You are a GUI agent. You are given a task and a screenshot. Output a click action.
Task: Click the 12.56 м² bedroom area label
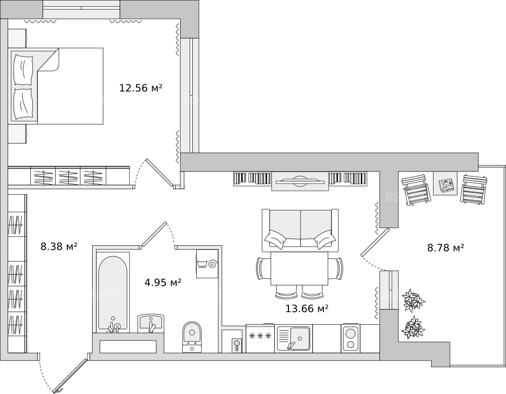(x=140, y=88)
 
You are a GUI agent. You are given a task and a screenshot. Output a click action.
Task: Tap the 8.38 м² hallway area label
(x=59, y=247)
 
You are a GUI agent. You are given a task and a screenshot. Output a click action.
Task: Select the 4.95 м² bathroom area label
(x=162, y=283)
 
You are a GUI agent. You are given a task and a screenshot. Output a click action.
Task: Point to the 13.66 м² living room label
(x=307, y=309)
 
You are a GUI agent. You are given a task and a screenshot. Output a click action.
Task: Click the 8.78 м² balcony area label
(x=446, y=248)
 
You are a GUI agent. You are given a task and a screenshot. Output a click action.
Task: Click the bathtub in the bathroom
(x=113, y=292)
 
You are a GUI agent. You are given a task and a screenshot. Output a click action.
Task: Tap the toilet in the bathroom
(x=192, y=336)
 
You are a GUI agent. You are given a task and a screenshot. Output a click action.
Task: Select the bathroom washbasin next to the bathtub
(x=151, y=323)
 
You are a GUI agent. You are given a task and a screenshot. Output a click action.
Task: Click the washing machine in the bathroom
(x=207, y=264)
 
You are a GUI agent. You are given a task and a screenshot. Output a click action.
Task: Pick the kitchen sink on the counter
(x=293, y=338)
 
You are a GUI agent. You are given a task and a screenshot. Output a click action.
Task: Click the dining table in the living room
(x=300, y=269)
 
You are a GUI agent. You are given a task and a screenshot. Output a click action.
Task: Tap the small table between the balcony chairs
(x=445, y=183)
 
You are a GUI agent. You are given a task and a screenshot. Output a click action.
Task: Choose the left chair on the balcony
(x=415, y=190)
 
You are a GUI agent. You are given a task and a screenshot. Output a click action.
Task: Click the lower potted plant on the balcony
(x=413, y=328)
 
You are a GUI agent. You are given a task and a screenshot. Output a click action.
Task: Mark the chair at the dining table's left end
(x=263, y=269)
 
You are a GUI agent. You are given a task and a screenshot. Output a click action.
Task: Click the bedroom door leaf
(x=159, y=172)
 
